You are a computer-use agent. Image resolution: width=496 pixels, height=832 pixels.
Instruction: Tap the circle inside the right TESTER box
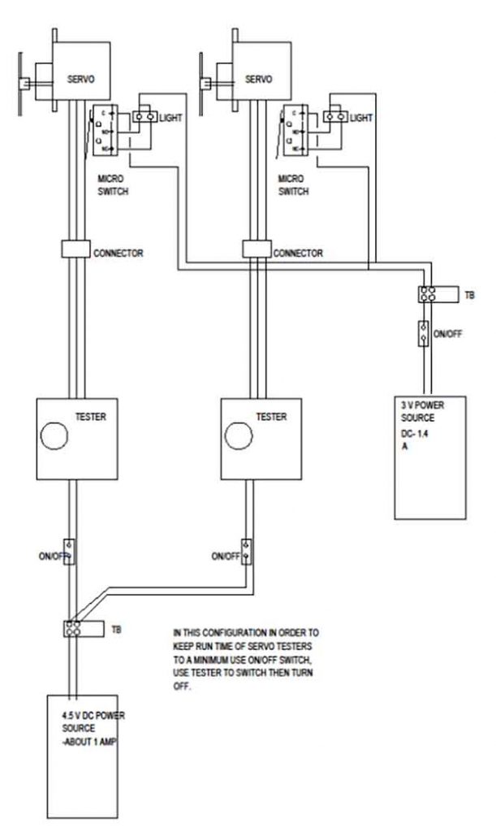click(239, 437)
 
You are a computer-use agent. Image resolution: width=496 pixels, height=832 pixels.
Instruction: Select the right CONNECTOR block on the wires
click(257, 251)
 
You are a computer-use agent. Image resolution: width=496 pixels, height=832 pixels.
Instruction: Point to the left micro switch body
click(105, 130)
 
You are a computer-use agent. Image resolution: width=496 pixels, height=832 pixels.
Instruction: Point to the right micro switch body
click(295, 130)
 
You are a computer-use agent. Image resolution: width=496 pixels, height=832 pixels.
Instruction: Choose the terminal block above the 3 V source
click(428, 293)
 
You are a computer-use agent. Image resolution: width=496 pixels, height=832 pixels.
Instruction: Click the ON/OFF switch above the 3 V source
click(422, 332)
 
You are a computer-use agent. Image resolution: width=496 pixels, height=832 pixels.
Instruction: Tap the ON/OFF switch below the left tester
click(70, 552)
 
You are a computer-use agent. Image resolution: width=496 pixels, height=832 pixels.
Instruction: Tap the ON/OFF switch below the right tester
click(246, 552)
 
